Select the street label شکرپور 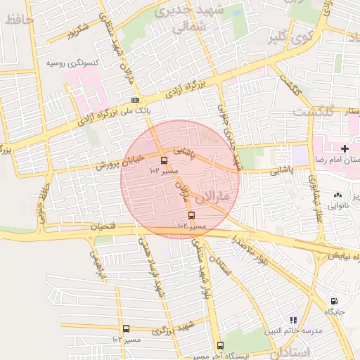click(75, 32)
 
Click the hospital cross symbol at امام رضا click(345, 148)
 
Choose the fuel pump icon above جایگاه click(333, 300)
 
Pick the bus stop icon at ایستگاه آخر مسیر click(220, 345)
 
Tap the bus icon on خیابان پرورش click(164, 160)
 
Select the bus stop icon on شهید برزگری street click(126, 328)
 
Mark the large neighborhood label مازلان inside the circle click(216, 195)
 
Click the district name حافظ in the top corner click(18, 20)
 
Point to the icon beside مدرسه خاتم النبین click(293, 320)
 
